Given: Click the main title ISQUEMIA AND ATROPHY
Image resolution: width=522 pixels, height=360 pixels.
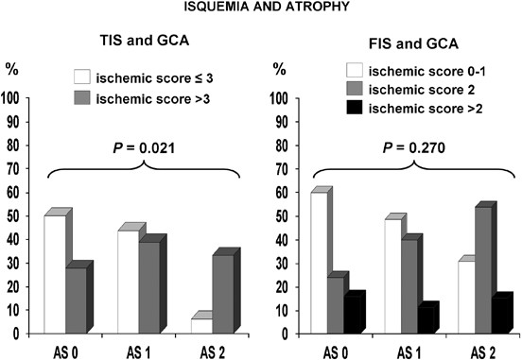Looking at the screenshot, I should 260,9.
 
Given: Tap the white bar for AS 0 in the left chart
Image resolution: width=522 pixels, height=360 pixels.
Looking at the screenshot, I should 55,274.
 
